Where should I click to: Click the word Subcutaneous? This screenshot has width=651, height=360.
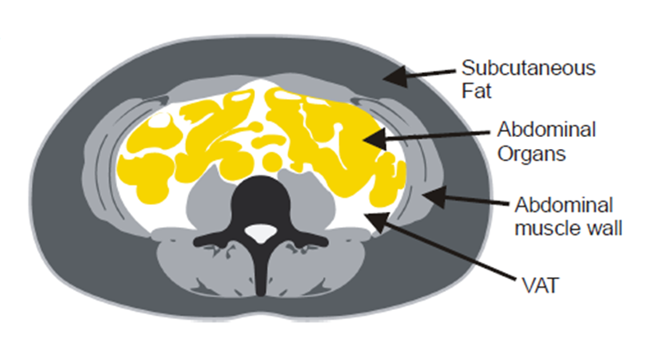(x=529, y=69)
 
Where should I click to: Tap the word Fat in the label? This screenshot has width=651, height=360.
(x=477, y=91)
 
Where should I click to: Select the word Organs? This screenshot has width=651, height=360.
(x=531, y=154)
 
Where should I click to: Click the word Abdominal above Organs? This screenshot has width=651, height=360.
(x=547, y=130)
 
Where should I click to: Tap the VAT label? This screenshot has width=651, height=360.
(x=540, y=286)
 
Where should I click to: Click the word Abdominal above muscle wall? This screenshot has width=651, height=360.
(x=564, y=206)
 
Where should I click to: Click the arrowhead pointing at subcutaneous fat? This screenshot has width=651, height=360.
(x=395, y=77)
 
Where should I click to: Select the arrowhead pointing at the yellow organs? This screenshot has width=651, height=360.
(x=375, y=139)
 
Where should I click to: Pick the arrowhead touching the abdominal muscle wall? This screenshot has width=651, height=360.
(x=434, y=197)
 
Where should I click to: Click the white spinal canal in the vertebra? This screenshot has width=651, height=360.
(x=260, y=233)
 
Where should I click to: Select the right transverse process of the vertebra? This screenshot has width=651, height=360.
(x=307, y=239)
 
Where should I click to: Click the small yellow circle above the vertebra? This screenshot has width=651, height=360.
(x=271, y=158)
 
